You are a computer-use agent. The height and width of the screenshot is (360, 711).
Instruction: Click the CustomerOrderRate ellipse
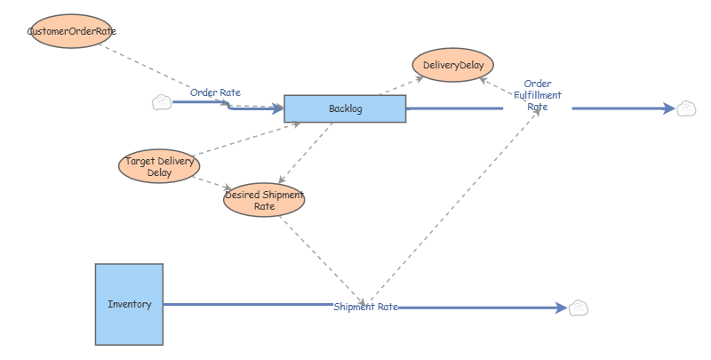click(72, 31)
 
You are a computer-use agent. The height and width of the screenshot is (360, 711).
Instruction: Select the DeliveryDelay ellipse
click(453, 65)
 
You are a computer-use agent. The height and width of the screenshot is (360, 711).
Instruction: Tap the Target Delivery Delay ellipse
click(159, 166)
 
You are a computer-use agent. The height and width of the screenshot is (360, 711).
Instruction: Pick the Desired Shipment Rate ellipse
click(264, 200)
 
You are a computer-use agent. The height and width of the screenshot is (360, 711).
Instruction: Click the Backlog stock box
click(345, 108)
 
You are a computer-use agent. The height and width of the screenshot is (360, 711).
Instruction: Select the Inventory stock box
click(129, 304)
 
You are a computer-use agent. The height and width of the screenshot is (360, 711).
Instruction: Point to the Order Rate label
click(215, 92)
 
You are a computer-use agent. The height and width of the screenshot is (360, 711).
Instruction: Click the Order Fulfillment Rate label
click(538, 95)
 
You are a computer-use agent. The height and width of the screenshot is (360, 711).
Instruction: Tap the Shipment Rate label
click(366, 307)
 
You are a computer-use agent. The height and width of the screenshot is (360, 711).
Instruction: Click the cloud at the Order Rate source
click(162, 102)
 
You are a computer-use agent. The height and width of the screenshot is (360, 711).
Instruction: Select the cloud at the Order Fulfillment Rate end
click(686, 108)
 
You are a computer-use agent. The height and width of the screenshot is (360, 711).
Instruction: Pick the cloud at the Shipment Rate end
click(579, 308)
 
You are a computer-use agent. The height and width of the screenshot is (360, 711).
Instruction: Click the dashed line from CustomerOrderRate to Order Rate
click(164, 75)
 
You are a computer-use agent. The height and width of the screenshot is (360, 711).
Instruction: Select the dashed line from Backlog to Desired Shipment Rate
click(306, 153)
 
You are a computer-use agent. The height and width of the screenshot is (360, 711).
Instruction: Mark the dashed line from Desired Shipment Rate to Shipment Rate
click(323, 261)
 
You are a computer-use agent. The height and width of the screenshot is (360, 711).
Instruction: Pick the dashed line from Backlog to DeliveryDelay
click(402, 85)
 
